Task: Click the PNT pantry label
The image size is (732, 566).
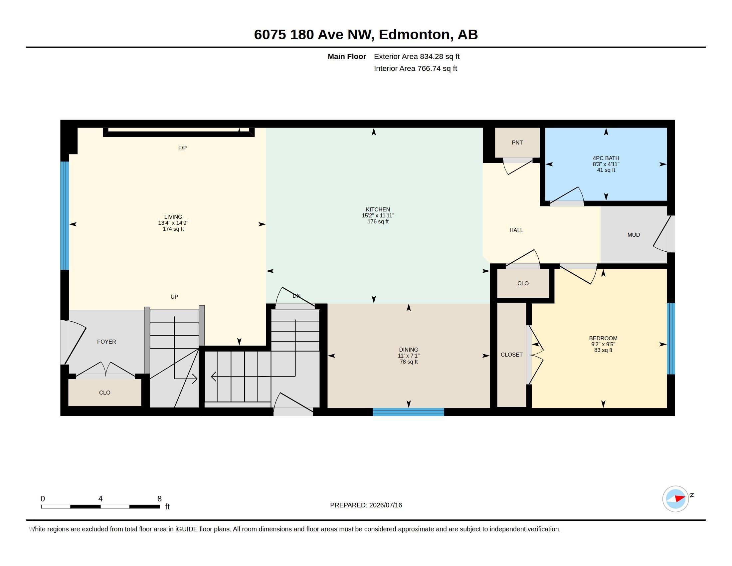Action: tap(517, 142)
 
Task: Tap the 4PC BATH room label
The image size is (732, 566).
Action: tap(606, 158)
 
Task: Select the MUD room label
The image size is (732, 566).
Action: tap(634, 235)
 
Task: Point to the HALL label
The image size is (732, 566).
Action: tap(516, 230)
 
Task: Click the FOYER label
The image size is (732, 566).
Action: tap(106, 342)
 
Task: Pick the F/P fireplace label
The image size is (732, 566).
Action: tap(182, 148)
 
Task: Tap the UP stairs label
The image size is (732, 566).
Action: tap(174, 297)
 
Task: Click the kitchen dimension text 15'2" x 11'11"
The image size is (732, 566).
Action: tap(378, 216)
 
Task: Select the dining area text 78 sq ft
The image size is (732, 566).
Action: tap(409, 362)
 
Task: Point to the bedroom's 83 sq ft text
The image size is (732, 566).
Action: tap(603, 350)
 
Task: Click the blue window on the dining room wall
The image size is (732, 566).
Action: tap(408, 412)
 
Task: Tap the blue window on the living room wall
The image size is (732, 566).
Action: tap(65, 216)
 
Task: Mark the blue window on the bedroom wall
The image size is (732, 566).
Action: tap(671, 339)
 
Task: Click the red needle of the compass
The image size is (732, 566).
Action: tap(680, 498)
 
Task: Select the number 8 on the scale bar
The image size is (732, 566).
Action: tap(159, 499)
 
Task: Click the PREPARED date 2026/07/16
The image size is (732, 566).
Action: tap(385, 505)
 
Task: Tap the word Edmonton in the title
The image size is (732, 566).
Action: tap(414, 35)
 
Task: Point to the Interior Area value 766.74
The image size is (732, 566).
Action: tap(429, 68)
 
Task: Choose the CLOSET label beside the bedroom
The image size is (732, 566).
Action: tap(511, 355)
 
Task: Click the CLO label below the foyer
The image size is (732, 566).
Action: tap(104, 393)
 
